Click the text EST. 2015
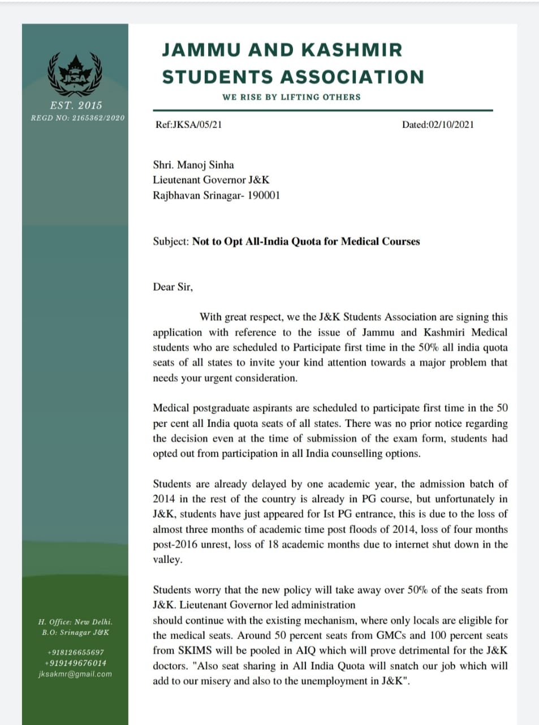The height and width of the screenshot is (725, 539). click(76, 105)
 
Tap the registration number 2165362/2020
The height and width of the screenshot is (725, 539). click(98, 118)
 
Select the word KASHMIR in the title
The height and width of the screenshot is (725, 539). click(352, 50)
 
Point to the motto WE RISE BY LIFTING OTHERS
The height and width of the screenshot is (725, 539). click(291, 97)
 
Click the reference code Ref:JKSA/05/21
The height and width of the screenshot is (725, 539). click(188, 124)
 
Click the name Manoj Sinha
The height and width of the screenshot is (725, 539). click(205, 165)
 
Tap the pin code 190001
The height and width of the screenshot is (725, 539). click(263, 195)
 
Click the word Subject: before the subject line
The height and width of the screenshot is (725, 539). click(171, 241)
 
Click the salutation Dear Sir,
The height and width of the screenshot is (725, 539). click(173, 287)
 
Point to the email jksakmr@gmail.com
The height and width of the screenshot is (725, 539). click(75, 674)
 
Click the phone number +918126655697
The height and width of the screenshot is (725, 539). click(75, 652)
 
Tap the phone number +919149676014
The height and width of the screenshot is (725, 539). click(75, 663)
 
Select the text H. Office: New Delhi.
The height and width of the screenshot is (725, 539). click(75, 622)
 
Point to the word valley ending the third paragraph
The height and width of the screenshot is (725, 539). click(166, 560)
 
